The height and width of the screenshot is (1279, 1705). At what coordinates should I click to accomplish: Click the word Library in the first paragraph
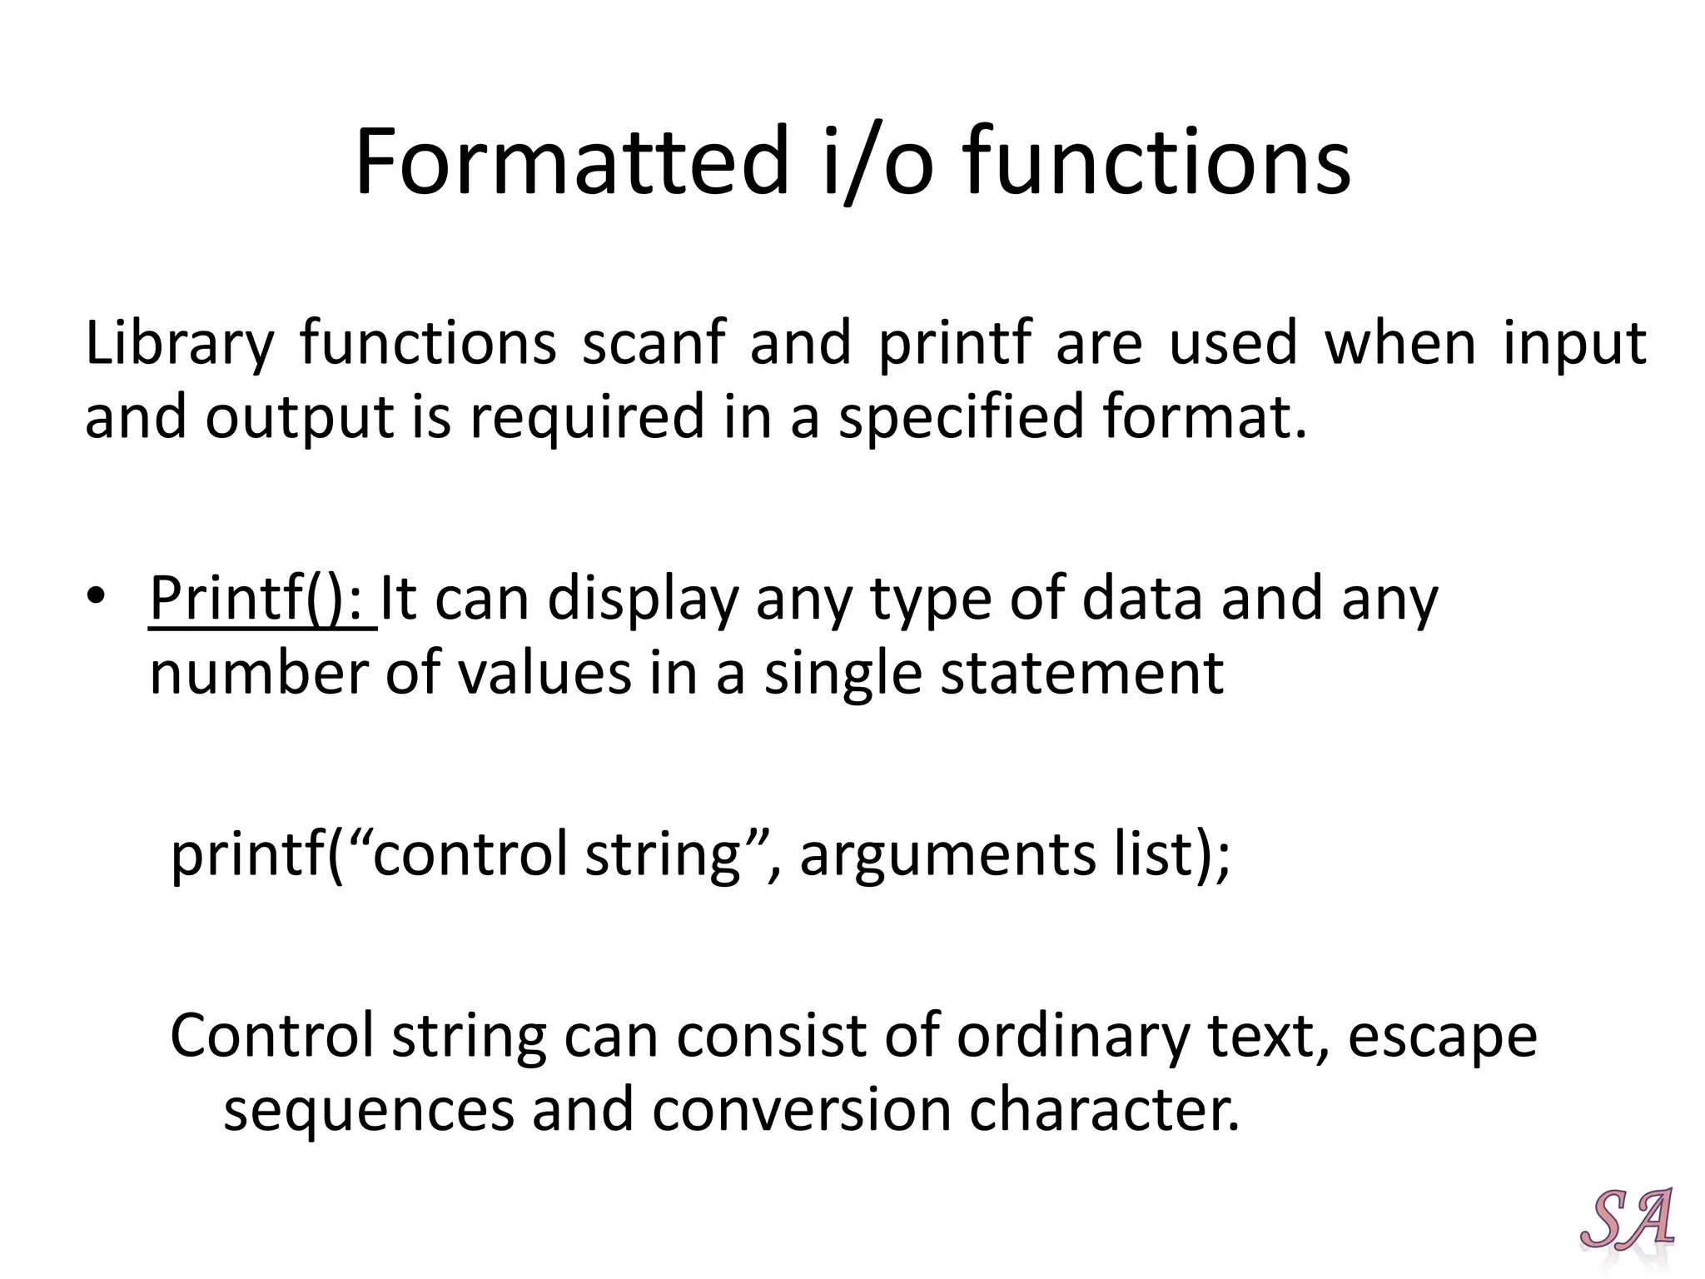[179, 343]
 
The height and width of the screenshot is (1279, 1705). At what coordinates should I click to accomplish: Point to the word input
[1574, 343]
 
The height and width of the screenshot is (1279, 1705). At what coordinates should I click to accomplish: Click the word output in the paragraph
[299, 417]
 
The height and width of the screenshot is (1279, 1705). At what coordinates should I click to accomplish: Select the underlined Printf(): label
[262, 600]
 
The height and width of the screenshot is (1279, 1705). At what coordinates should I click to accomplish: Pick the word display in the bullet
[643, 600]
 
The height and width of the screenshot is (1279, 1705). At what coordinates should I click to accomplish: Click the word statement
[1082, 672]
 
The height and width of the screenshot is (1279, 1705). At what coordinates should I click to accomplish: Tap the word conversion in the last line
[800, 1111]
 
